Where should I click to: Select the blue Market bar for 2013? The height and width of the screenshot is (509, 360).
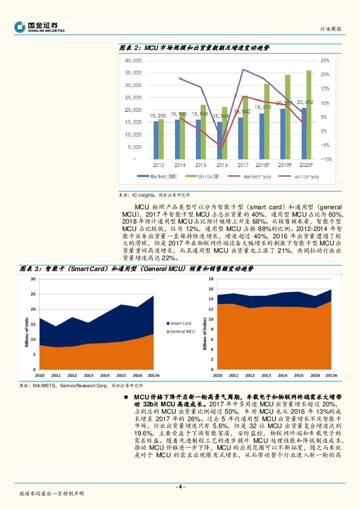156,140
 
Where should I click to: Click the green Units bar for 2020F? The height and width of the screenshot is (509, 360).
309,114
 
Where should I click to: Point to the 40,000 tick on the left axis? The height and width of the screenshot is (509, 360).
133,60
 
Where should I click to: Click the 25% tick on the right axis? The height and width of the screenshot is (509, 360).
325,60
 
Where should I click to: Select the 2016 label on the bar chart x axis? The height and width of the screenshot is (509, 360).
222,165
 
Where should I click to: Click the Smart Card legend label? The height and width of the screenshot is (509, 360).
180,323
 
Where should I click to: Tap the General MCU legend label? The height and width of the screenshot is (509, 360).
182,332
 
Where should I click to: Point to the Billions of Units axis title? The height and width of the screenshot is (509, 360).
27,325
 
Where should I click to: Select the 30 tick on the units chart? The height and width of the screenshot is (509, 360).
34,279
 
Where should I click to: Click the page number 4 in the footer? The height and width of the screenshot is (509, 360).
180,487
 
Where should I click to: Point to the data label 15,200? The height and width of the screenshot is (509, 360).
158,116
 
